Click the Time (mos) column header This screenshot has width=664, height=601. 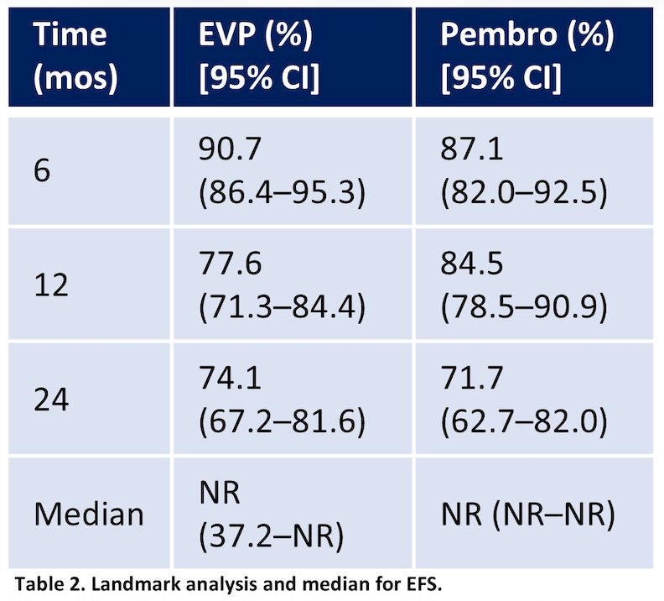point(75,56)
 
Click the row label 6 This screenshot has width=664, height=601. point(42,171)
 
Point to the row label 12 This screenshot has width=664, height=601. point(51,285)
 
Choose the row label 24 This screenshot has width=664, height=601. point(51,400)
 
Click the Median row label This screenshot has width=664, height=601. point(89,515)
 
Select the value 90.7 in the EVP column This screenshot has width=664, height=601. point(230,149)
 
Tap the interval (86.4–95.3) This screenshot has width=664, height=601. point(282,193)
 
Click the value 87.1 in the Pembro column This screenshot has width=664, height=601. point(471,149)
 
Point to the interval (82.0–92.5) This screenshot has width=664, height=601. point(524,193)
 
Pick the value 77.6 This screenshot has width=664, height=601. point(230,264)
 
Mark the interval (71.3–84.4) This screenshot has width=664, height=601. point(282,307)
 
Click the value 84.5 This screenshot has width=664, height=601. point(472,264)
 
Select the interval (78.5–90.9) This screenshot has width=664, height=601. point(524,307)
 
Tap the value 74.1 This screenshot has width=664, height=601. point(230,378)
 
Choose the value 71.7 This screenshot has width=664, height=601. point(472,378)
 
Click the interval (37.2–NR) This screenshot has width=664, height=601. point(272,536)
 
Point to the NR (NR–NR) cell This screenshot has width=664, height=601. point(527,515)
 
